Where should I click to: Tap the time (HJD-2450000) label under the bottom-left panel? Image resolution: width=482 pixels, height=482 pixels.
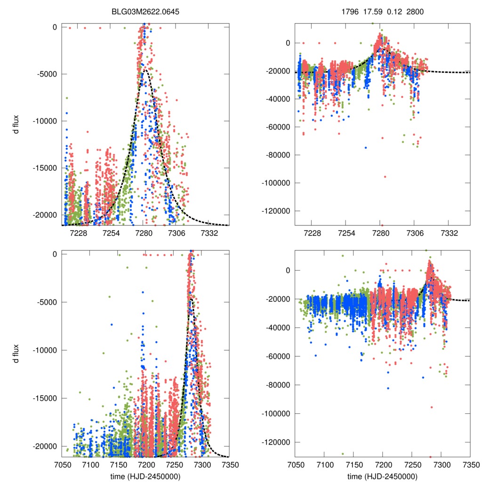(145, 476)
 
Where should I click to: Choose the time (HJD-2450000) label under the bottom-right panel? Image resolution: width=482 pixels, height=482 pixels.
(382, 476)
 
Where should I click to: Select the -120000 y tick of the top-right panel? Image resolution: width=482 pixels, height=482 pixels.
(277, 210)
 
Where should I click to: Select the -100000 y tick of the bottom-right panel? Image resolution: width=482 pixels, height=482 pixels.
(277, 414)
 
